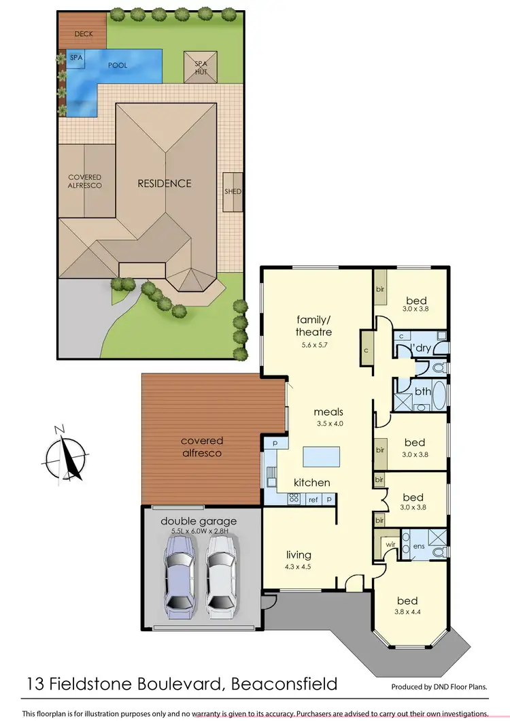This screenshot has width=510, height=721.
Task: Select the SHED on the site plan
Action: point(233,192)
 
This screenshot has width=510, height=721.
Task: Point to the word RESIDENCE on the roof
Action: point(165,183)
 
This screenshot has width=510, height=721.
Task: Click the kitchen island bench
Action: point(321,456)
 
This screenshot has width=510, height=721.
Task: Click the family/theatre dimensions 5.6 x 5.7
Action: point(313,345)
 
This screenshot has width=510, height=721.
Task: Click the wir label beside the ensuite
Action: point(390,543)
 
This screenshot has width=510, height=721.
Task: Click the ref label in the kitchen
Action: point(313,499)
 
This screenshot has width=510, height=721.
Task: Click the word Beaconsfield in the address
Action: point(280,682)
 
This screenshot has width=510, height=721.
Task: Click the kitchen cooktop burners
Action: point(295,498)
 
